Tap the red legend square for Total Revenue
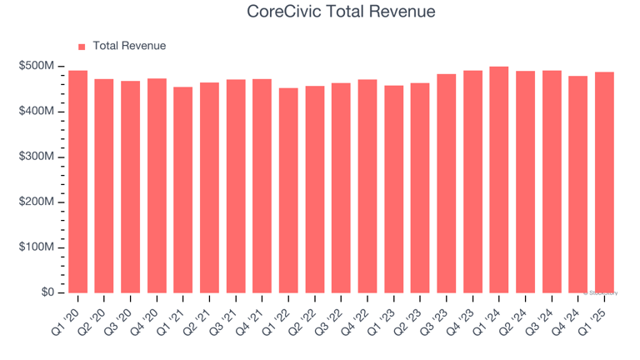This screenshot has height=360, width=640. (82, 47)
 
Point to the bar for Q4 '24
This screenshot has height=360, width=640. (577, 184)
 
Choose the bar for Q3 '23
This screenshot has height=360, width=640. (446, 183)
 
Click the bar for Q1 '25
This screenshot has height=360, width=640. (603, 182)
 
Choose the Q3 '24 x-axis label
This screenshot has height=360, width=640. (537, 317)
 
